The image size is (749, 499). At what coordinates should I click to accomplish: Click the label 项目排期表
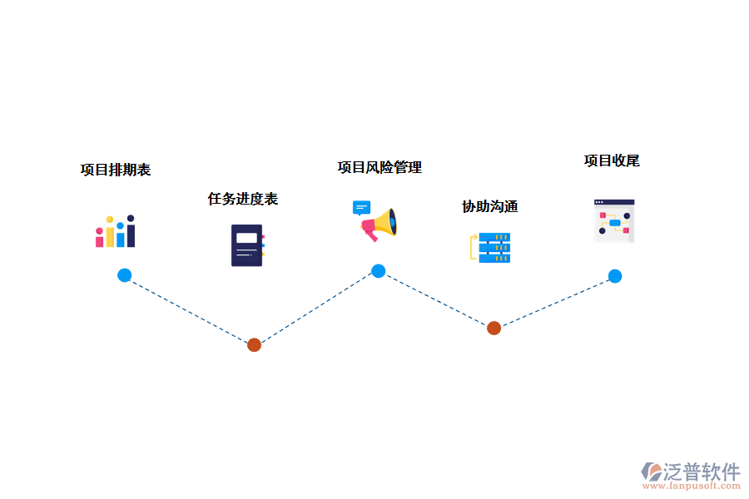(116, 170)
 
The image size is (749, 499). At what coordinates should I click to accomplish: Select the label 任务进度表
(243, 199)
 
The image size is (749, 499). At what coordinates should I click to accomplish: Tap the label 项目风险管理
(379, 167)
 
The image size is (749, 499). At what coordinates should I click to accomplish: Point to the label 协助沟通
(490, 206)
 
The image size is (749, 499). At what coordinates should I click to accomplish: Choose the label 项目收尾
(612, 161)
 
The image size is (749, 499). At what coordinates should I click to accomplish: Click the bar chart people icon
(116, 231)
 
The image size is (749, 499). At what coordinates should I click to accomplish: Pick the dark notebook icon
(247, 245)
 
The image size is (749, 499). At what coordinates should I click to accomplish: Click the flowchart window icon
(614, 220)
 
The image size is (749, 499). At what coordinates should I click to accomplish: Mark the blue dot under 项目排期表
(124, 275)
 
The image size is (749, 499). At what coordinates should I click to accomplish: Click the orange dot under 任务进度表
(254, 345)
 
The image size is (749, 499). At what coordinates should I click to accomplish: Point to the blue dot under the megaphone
(379, 270)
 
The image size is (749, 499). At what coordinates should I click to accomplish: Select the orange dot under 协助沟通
(494, 328)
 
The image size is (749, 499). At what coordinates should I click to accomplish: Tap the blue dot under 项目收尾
(615, 276)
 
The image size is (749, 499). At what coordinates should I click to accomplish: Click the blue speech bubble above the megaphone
(361, 208)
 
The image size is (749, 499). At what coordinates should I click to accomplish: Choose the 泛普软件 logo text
(701, 472)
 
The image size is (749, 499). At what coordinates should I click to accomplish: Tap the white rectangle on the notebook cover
(246, 238)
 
